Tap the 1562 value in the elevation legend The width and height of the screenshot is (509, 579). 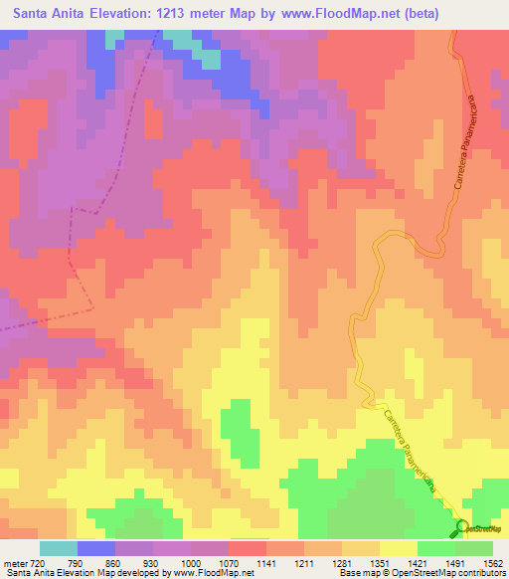(x=493, y=562)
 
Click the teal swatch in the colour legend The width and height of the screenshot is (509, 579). (x=59, y=548)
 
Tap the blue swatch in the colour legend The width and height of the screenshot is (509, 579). (x=96, y=548)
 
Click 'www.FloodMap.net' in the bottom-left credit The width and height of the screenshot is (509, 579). (x=212, y=573)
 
